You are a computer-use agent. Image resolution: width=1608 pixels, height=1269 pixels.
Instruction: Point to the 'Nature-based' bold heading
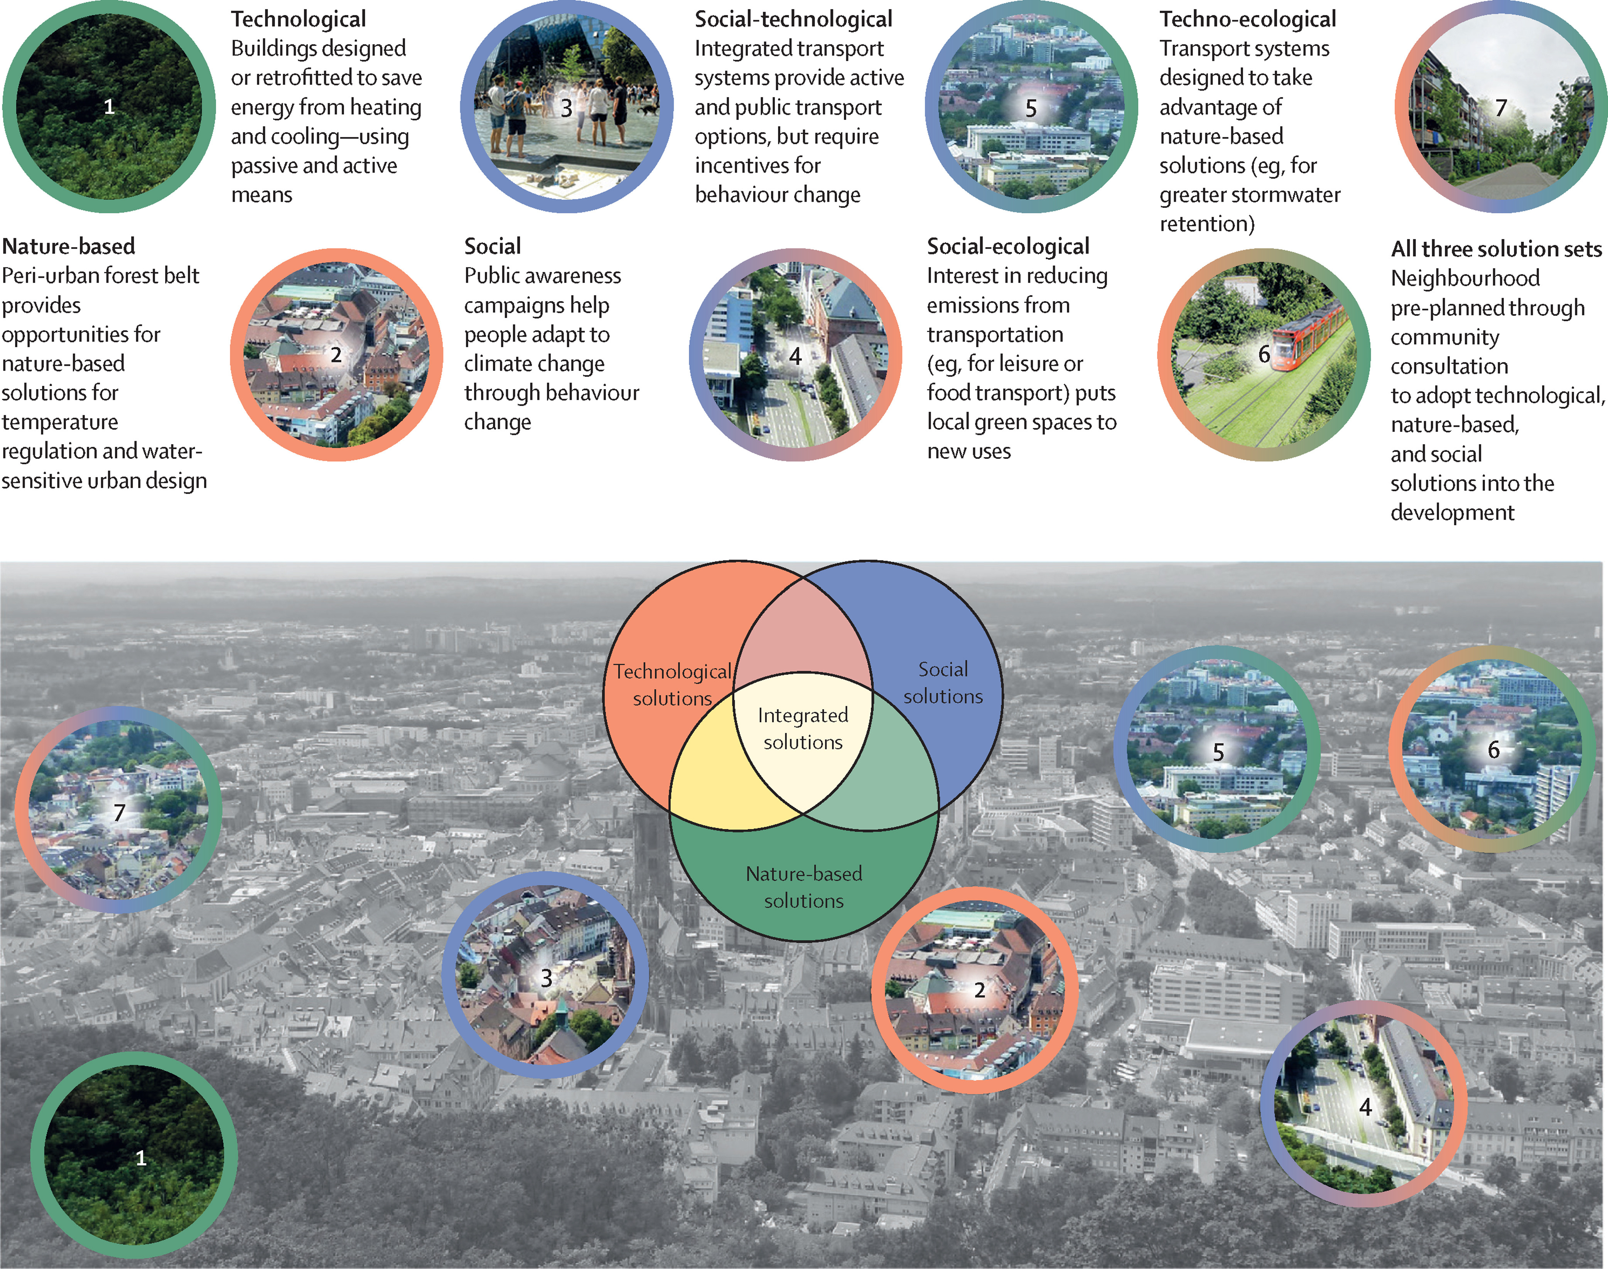pos(68,247)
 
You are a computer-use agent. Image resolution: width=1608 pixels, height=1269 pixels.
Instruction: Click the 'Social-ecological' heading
pos(1007,247)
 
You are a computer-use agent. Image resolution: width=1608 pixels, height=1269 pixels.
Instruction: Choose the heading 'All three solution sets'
pos(1496,249)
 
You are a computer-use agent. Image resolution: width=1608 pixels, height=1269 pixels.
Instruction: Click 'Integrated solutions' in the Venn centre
pos(803,729)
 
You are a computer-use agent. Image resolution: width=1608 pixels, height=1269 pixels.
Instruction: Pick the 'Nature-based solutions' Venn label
pos(804,887)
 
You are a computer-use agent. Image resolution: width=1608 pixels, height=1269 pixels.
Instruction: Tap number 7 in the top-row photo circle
pos(1501,108)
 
